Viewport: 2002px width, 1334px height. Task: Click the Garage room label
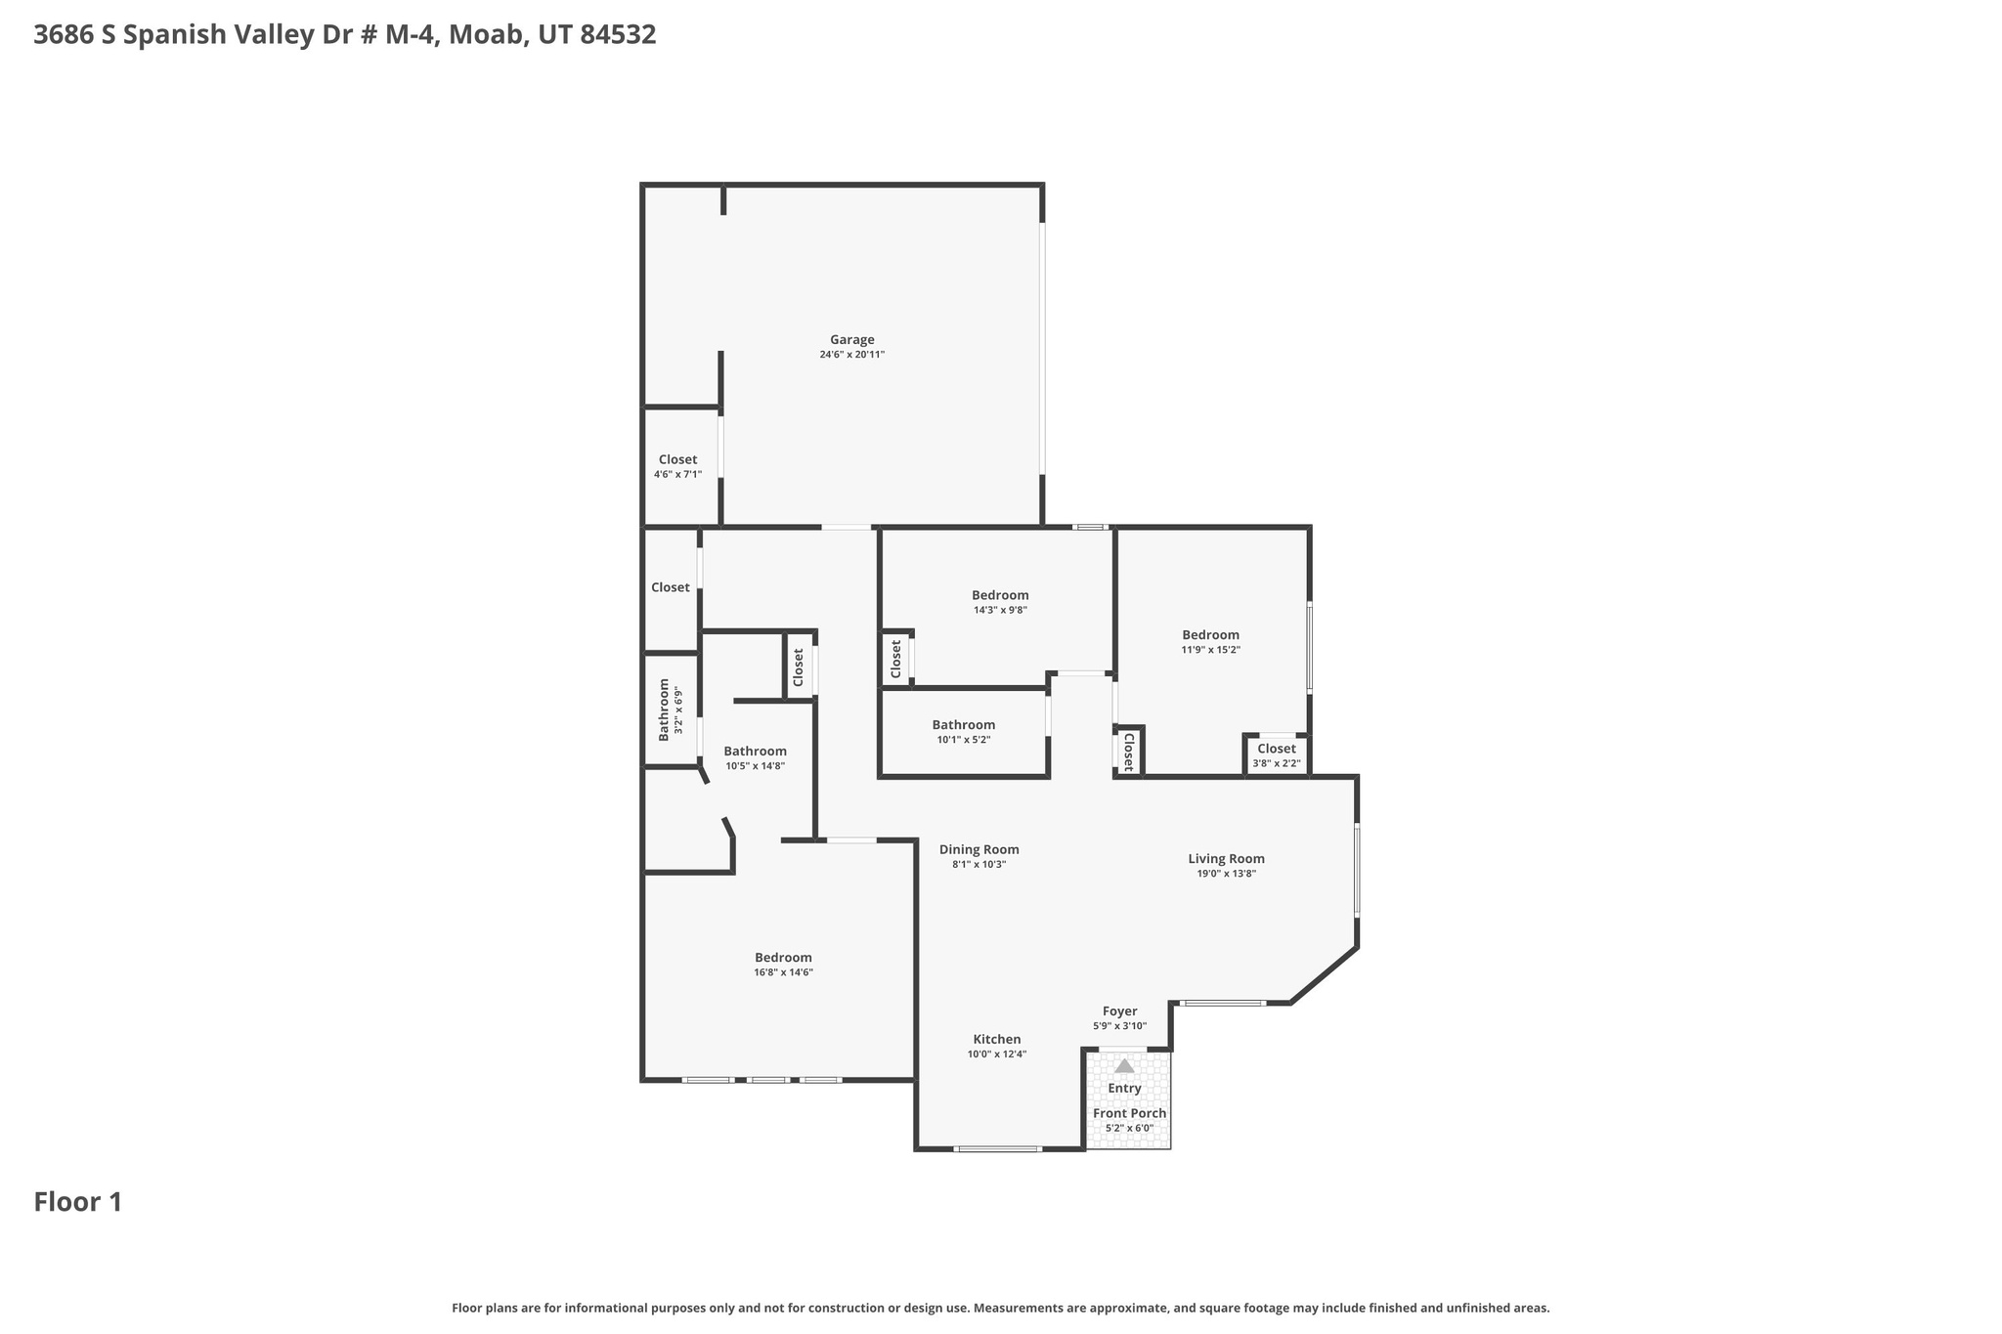point(851,340)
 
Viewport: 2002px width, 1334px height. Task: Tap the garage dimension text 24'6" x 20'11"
point(851,355)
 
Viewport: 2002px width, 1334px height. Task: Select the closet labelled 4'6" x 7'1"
point(677,466)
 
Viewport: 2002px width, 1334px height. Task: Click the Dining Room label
point(979,849)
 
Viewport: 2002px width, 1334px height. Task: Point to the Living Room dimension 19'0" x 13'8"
point(1226,874)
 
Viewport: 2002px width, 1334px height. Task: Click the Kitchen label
point(996,1039)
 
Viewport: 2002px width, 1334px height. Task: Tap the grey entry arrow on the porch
point(1124,1066)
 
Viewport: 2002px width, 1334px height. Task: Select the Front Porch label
point(1129,1113)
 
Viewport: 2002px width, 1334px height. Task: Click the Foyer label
point(1119,1011)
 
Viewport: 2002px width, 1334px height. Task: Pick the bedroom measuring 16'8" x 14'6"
point(783,964)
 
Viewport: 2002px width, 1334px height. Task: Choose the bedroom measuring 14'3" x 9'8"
point(999,601)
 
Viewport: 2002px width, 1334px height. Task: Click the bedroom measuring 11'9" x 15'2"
point(1210,641)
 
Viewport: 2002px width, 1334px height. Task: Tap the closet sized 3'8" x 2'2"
point(1276,755)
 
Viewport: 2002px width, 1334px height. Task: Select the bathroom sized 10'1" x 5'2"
point(963,731)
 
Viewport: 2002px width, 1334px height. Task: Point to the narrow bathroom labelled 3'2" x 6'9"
point(670,709)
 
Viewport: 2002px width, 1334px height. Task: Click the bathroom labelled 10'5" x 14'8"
point(755,757)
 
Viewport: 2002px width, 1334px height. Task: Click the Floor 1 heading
point(78,1202)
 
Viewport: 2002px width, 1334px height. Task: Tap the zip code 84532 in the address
point(618,35)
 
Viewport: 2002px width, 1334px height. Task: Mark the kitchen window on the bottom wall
point(997,1149)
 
